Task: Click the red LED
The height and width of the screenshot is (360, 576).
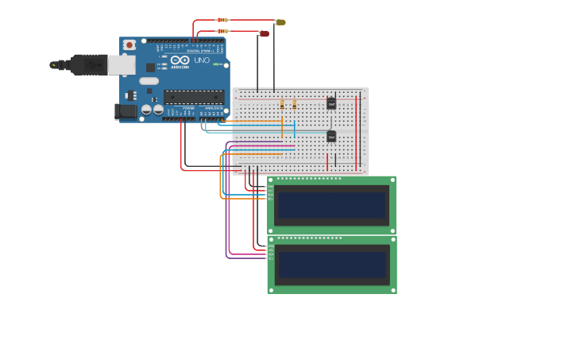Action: coord(265,33)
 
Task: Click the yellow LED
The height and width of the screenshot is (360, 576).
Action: coord(280,22)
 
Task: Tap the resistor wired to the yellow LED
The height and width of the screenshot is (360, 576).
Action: coord(222,20)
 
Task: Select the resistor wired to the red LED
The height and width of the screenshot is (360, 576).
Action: coord(222,32)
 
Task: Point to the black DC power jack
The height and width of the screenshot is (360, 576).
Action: coord(125,112)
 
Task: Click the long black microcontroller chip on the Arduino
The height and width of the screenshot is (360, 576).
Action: coord(193,97)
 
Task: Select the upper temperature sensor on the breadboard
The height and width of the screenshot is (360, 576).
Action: coord(331,103)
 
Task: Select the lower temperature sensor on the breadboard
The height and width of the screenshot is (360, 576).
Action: coord(331,136)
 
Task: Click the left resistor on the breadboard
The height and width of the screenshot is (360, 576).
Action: coord(282,104)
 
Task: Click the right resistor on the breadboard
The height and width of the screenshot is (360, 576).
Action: coord(294,104)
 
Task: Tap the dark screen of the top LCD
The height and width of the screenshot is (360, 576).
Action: coord(331,204)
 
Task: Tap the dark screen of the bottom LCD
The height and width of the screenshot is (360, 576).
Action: coord(331,264)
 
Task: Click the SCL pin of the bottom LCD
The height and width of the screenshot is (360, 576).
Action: coord(270,258)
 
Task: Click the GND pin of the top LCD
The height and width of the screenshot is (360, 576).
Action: coord(270,187)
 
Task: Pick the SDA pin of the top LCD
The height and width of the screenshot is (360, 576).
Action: coord(270,195)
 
